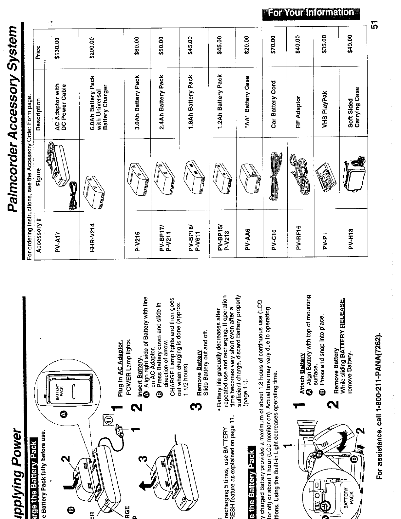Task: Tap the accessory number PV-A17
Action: point(58,241)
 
